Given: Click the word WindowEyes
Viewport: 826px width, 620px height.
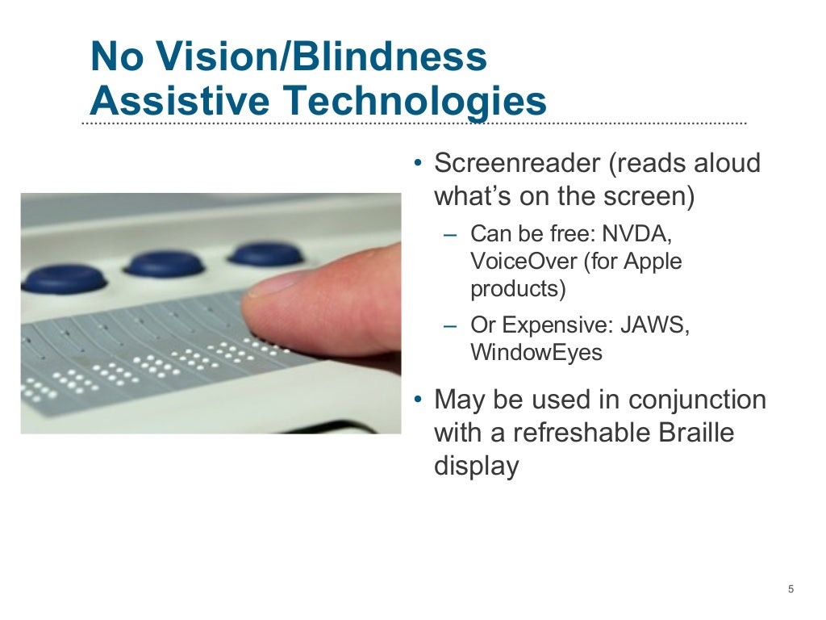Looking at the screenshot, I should pos(536,353).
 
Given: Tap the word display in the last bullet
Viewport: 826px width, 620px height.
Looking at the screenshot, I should pos(476,466).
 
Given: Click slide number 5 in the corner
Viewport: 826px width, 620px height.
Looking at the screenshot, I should pos(791,589).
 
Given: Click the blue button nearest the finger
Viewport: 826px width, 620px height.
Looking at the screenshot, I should pos(265,253).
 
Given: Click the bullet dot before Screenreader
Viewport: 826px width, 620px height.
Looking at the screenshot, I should pos(417,164).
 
